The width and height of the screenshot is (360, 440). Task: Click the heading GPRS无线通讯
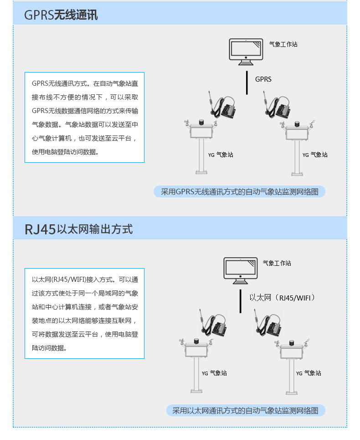click(61, 15)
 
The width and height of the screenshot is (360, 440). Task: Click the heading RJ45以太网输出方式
click(78, 229)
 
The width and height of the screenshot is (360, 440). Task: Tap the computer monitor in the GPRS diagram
click(246, 52)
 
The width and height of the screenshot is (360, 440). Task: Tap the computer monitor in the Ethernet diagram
click(240, 270)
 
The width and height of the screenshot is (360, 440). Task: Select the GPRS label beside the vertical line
click(263, 79)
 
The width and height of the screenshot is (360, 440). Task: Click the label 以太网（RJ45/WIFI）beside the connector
click(282, 297)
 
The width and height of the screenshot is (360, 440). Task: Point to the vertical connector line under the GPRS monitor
click(247, 83)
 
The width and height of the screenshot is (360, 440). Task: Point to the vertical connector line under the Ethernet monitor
click(240, 301)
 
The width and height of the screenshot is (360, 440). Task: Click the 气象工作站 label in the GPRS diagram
click(283, 44)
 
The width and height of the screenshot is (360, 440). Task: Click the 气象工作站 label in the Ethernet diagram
click(277, 263)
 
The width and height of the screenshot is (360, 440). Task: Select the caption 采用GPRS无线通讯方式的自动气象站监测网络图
click(239, 192)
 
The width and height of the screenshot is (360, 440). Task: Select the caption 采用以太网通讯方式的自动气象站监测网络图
click(245, 410)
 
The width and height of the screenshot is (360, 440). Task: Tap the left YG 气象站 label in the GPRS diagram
click(221, 155)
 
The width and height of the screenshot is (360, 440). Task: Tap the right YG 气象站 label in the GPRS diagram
click(315, 155)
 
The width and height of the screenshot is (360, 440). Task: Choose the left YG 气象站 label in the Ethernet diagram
click(214, 373)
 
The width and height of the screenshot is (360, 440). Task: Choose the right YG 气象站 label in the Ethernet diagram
click(309, 373)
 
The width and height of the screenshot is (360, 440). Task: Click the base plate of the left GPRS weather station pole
click(201, 172)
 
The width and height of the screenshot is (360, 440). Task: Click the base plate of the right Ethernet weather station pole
click(292, 392)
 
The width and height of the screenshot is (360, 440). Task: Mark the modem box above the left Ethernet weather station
click(219, 327)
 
